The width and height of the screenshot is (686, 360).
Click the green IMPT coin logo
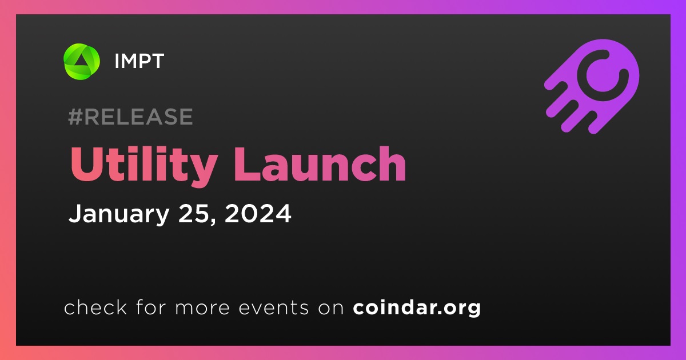81,61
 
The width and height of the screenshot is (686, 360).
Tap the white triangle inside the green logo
81,62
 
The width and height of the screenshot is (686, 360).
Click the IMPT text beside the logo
139,61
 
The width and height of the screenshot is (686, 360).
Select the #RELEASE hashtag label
130,117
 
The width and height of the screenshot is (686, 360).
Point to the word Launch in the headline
320,164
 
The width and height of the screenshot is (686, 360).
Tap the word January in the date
119,214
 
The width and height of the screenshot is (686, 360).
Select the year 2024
258,213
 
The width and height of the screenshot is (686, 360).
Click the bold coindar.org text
417,308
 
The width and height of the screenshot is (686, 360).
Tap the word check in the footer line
95,307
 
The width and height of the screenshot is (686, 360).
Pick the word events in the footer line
274,307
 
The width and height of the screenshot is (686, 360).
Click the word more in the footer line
202,308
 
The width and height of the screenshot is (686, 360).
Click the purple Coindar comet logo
592,87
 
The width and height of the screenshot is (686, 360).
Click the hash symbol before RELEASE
75,117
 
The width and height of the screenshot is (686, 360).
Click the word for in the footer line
151,307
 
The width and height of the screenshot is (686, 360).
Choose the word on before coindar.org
331,308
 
